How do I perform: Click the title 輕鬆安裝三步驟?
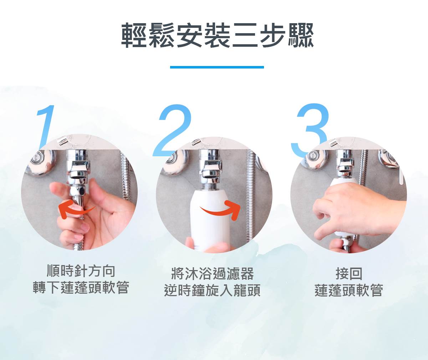coord(217,36)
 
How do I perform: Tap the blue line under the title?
coord(217,67)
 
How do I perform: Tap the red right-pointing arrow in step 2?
coord(220,211)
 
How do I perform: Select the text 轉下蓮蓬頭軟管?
coord(81,288)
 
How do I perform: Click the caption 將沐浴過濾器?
coord(212,274)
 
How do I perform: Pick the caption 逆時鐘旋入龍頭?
coord(212,290)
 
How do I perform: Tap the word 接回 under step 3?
coord(349,274)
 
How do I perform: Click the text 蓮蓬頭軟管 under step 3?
coord(349,290)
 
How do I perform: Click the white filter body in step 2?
coord(210,219)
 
